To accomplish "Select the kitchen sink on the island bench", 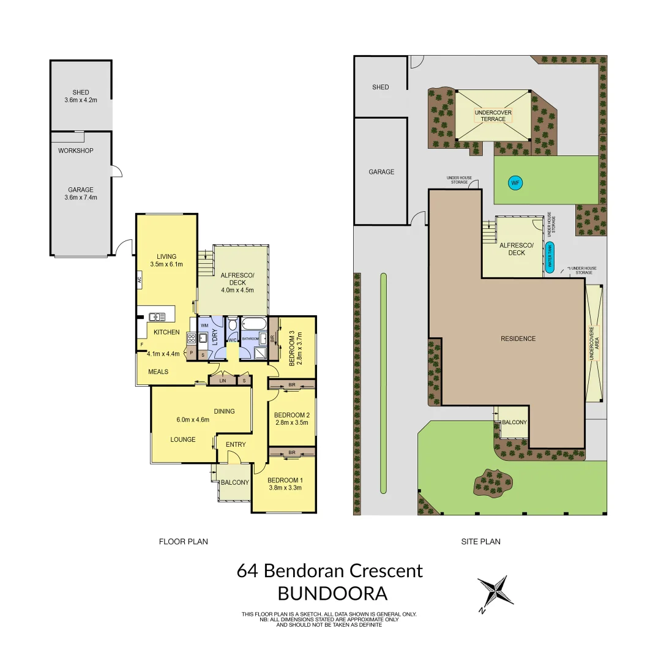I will click(x=157, y=316).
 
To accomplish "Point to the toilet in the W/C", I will click(x=233, y=326).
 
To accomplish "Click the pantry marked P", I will click(x=191, y=353).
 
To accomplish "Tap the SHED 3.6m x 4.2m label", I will click(x=81, y=96).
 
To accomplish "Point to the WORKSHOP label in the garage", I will click(x=76, y=151).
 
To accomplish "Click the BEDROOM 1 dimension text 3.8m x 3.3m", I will click(x=285, y=488).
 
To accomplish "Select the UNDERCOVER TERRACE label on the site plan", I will click(x=493, y=116).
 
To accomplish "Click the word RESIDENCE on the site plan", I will click(x=518, y=338).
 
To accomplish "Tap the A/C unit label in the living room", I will click(x=140, y=280).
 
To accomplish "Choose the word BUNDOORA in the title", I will click(x=332, y=594).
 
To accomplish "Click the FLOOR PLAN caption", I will click(x=184, y=541).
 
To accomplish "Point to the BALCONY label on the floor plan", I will click(x=235, y=482).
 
